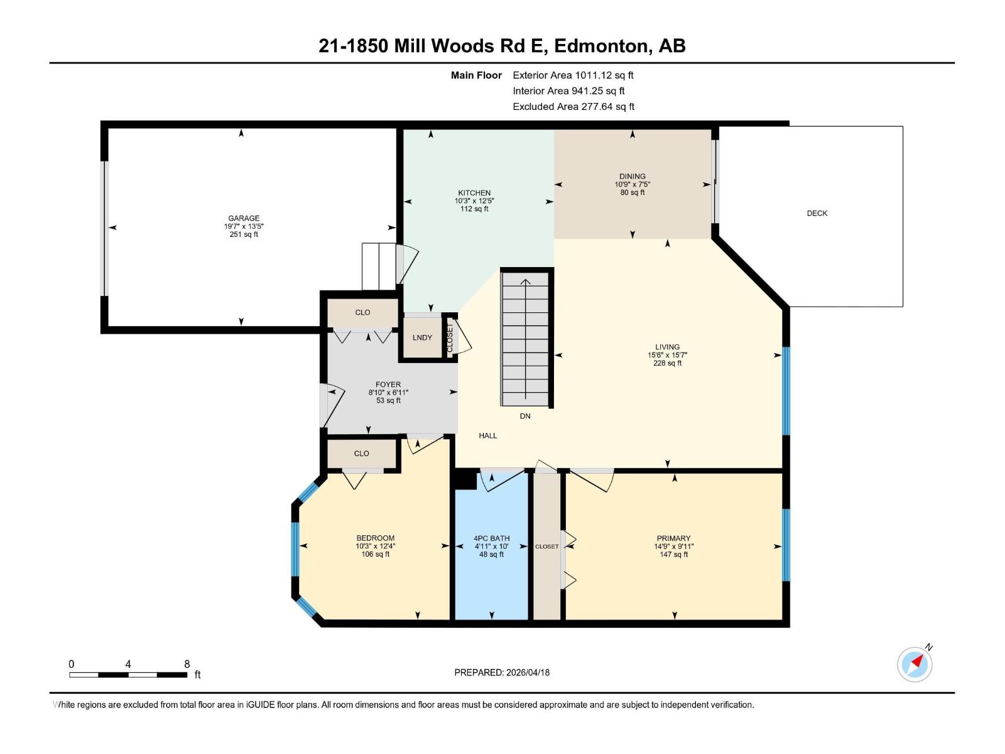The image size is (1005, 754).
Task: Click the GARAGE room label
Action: pos(244,218)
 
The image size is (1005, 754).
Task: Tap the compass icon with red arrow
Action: pos(915,664)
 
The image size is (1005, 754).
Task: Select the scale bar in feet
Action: pos(128,674)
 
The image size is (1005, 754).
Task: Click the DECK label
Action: pos(817,213)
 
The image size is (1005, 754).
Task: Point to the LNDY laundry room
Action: pos(422,337)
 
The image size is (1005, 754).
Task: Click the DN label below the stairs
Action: pos(525,416)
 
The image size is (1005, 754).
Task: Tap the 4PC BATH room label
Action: pos(491,538)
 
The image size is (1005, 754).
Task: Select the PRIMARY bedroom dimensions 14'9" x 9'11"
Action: pos(673,546)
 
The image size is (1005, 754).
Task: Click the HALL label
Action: pos(487,435)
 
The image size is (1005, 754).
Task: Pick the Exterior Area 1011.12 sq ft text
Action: pos(573,75)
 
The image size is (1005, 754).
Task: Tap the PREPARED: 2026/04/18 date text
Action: pos(502,672)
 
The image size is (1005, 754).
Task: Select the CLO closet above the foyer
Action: pos(362,312)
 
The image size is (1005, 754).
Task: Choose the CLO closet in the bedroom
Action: pos(361,453)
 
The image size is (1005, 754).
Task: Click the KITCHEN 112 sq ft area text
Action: pos(474,209)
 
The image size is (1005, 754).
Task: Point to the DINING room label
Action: pos(632,177)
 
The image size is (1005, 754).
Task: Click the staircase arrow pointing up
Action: pos(526,283)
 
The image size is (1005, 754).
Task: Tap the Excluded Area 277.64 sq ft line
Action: pos(573,106)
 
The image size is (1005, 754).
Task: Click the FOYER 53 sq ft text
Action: pos(388,400)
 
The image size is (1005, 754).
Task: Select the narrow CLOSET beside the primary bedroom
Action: pos(546,546)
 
